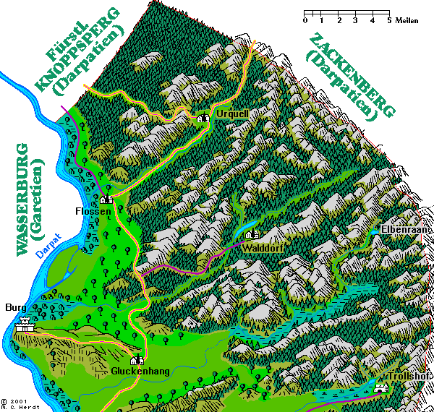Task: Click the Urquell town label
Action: (231, 115)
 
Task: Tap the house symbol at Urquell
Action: (203, 118)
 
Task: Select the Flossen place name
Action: (94, 211)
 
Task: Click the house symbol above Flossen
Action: (106, 199)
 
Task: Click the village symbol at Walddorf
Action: (252, 234)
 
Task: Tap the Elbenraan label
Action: (405, 229)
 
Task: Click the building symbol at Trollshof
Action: (381, 388)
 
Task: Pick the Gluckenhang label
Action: (136, 372)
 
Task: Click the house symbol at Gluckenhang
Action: (135, 361)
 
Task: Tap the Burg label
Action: (15, 307)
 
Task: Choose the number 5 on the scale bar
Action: (389, 20)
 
